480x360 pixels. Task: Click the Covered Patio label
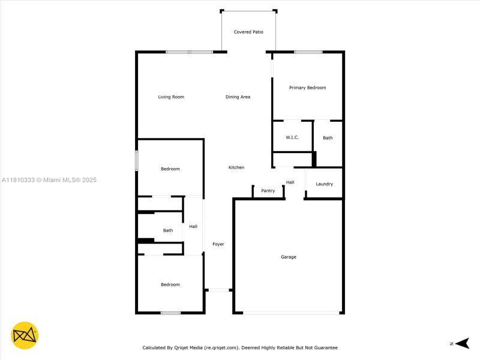(248, 32)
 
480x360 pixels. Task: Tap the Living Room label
(171, 97)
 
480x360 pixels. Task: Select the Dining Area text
(238, 97)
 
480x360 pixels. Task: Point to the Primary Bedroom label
(307, 88)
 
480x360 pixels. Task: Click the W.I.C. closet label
(292, 137)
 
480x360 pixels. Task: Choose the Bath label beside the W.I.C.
(328, 138)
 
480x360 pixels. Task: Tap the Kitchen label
(236, 167)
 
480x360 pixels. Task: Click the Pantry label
(268, 191)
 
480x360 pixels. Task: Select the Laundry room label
(324, 184)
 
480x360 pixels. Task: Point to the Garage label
(289, 257)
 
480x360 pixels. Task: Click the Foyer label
(218, 244)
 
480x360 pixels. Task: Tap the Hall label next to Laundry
(290, 182)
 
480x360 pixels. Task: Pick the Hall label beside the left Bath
(193, 226)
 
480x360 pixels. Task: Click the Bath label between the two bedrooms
(168, 230)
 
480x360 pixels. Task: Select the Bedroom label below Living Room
(170, 169)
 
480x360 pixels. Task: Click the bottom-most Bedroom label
(170, 284)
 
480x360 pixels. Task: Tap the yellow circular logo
(25, 335)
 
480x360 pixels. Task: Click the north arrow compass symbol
(461, 343)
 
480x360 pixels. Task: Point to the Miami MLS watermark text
(49, 180)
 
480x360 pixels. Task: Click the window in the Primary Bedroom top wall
(308, 52)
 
